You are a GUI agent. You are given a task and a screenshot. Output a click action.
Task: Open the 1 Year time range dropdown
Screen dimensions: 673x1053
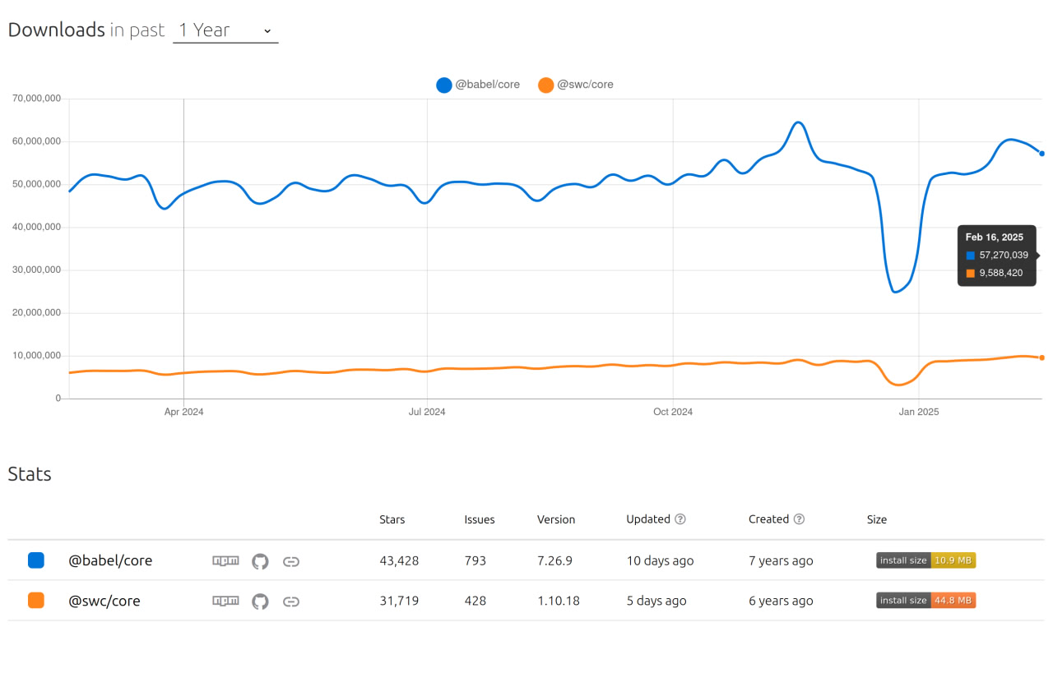tap(225, 30)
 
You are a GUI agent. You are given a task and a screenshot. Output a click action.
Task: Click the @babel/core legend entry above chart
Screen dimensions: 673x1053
tap(478, 85)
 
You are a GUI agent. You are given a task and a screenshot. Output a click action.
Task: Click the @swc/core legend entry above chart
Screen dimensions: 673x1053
tap(575, 85)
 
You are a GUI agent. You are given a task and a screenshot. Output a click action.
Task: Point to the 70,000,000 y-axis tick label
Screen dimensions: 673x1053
tap(36, 99)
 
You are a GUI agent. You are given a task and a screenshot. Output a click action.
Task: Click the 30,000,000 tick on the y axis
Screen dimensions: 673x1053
tap(36, 270)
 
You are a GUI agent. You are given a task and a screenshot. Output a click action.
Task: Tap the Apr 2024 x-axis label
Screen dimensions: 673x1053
tap(183, 412)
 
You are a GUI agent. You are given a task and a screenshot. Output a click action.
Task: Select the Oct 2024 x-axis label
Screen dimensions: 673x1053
tap(673, 412)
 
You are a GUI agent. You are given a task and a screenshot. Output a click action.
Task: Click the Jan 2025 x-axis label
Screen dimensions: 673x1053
tap(918, 412)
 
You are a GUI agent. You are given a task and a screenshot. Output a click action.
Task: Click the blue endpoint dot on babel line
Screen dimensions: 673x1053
tap(1041, 154)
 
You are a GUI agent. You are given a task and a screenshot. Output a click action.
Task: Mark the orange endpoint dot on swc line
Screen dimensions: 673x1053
tap(1041, 357)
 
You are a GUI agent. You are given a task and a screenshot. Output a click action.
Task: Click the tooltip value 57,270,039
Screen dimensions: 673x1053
tap(1004, 256)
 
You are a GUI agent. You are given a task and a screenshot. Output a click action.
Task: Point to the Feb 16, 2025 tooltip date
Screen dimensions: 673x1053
tap(995, 237)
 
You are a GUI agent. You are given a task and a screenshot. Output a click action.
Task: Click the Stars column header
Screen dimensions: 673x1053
tap(392, 519)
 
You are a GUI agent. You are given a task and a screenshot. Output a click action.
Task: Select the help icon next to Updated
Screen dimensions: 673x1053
tap(680, 519)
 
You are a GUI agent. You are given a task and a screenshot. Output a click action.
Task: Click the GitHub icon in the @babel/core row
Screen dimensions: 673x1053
tap(260, 561)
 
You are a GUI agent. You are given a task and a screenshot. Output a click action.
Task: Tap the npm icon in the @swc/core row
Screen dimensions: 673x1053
tap(225, 602)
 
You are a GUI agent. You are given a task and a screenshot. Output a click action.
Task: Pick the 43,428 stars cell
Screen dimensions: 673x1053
tap(399, 561)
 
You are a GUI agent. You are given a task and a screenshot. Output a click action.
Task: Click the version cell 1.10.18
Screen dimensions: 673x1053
tap(559, 602)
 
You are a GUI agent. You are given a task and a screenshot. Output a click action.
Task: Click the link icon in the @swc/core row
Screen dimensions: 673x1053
tap(290, 602)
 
